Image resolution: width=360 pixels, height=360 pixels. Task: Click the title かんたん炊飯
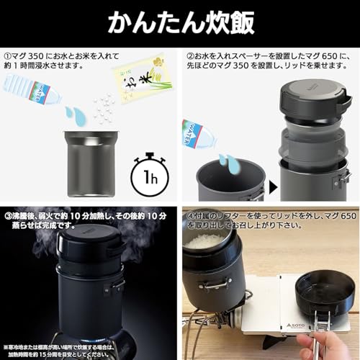(180, 22)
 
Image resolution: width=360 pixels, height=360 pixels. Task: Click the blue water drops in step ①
(73, 114)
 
